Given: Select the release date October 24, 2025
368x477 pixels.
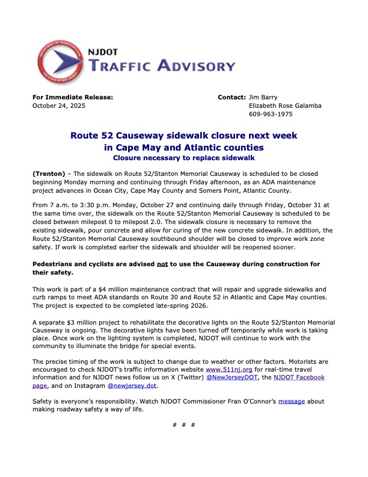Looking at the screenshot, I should (58, 105).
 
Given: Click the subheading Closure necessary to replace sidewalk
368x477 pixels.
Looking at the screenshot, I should (184, 157).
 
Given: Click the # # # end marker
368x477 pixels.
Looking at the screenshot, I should (184, 425).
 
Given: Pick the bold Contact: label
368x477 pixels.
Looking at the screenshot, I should (231, 96).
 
